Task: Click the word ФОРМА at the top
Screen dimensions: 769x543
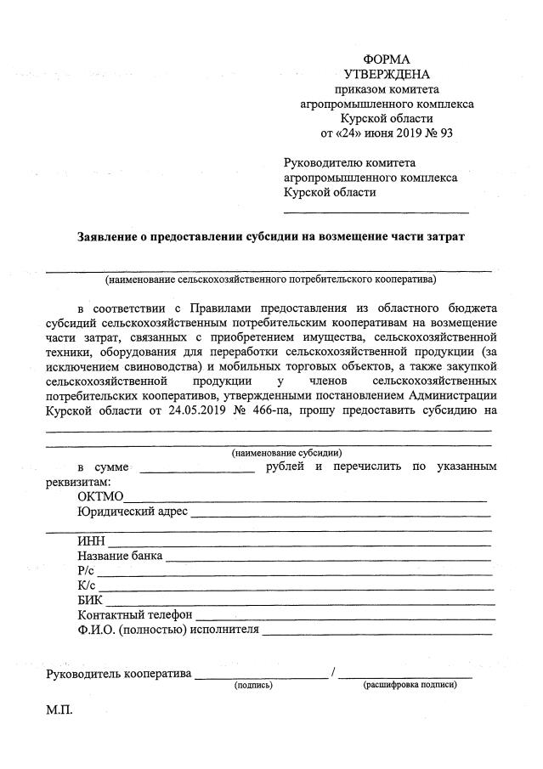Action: pyautogui.click(x=387, y=59)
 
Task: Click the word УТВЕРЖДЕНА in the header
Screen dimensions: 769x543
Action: pyautogui.click(x=387, y=75)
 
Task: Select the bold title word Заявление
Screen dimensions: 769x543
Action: pyautogui.click(x=113, y=235)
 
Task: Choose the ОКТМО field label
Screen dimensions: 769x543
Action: pyautogui.click(x=100, y=497)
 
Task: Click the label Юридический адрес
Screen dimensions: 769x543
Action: pyautogui.click(x=133, y=512)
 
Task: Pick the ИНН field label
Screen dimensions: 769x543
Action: pyautogui.click(x=91, y=541)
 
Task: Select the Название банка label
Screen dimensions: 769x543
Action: pyautogui.click(x=120, y=556)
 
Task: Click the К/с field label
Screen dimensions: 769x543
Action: pyautogui.click(x=86, y=585)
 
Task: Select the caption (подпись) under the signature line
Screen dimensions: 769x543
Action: pyautogui.click(x=253, y=685)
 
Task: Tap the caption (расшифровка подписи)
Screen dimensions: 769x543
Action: pyautogui.click(x=409, y=685)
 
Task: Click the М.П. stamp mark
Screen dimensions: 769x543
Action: pyautogui.click(x=59, y=710)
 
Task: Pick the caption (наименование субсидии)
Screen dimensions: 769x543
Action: pyautogui.click(x=286, y=453)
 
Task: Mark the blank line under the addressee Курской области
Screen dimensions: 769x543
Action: pyautogui.click(x=376, y=211)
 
